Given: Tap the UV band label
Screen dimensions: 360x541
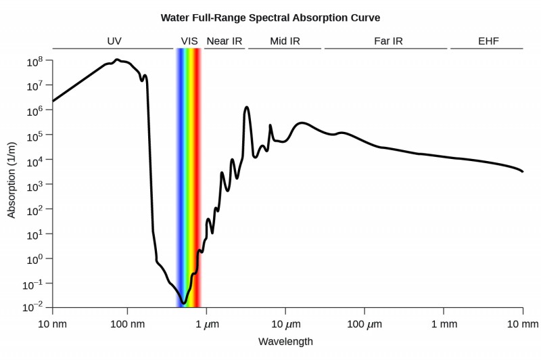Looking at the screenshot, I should (x=114, y=41).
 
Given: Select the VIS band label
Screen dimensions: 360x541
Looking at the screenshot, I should (x=189, y=41).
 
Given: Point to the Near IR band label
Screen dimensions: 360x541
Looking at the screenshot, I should (x=224, y=41).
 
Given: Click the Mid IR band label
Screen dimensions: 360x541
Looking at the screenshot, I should (x=285, y=41).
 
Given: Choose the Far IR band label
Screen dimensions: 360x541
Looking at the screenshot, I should (x=388, y=41).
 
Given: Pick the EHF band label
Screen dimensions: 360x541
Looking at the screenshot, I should (x=488, y=41).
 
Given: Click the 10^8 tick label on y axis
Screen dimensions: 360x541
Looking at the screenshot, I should (x=35, y=62).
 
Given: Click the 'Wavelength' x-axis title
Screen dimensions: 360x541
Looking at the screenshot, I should (x=285, y=342).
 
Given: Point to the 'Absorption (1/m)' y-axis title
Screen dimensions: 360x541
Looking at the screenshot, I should (x=11, y=184).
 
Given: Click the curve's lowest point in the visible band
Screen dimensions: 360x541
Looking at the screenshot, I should (x=183, y=302).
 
